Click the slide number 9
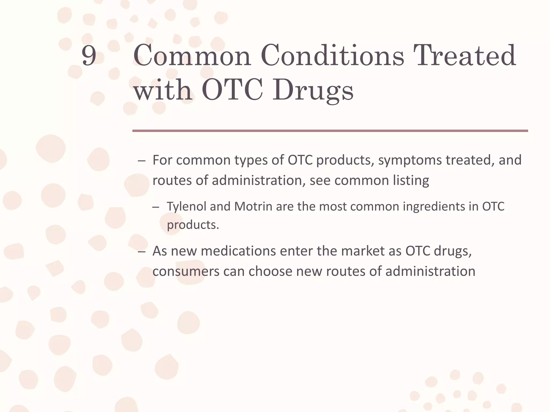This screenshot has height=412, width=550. pyautogui.click(x=89, y=56)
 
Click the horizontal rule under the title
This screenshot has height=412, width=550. pyautogui.click(x=330, y=131)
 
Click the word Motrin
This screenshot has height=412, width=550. pyautogui.click(x=253, y=207)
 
